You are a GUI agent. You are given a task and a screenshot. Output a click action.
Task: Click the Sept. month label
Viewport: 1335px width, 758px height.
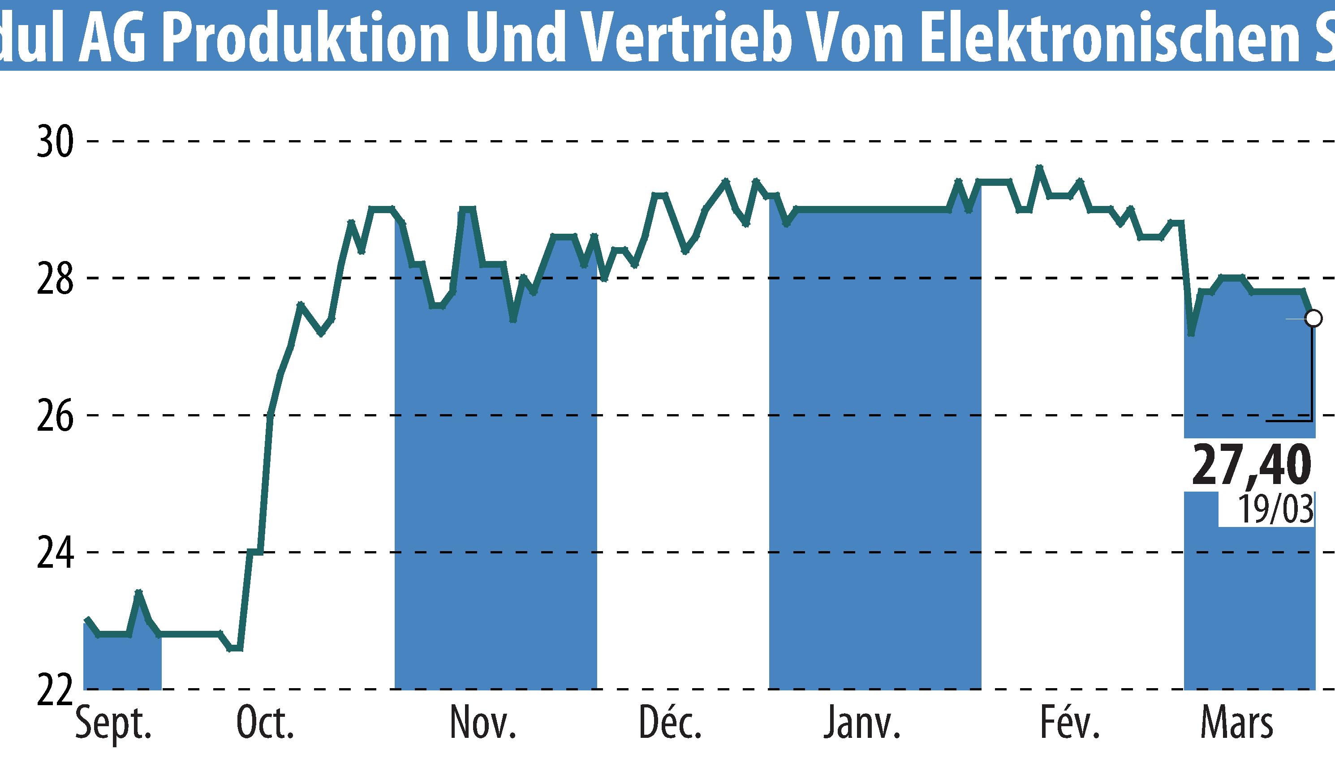[x=113, y=724]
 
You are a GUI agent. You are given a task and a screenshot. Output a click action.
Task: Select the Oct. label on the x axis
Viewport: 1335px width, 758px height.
[x=265, y=724]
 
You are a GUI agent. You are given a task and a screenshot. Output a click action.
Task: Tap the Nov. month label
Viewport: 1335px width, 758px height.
[x=483, y=724]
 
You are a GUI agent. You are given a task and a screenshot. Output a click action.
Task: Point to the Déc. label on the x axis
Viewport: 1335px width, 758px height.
[x=670, y=724]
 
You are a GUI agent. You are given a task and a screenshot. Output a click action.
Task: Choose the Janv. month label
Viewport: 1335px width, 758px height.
[x=862, y=724]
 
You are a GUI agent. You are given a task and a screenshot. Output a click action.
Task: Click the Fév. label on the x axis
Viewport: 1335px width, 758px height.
[x=1069, y=724]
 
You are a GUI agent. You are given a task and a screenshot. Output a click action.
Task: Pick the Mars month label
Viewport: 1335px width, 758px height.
[x=1236, y=724]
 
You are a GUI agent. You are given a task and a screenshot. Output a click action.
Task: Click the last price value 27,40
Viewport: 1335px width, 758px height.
[x=1250, y=465]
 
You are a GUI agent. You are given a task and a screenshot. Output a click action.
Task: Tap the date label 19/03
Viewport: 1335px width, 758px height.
[x=1275, y=509]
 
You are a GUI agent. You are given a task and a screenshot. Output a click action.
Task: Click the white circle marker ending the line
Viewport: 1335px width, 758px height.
[x=1313, y=318]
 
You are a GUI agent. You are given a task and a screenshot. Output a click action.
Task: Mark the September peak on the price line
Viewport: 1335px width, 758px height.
[x=138, y=592]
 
